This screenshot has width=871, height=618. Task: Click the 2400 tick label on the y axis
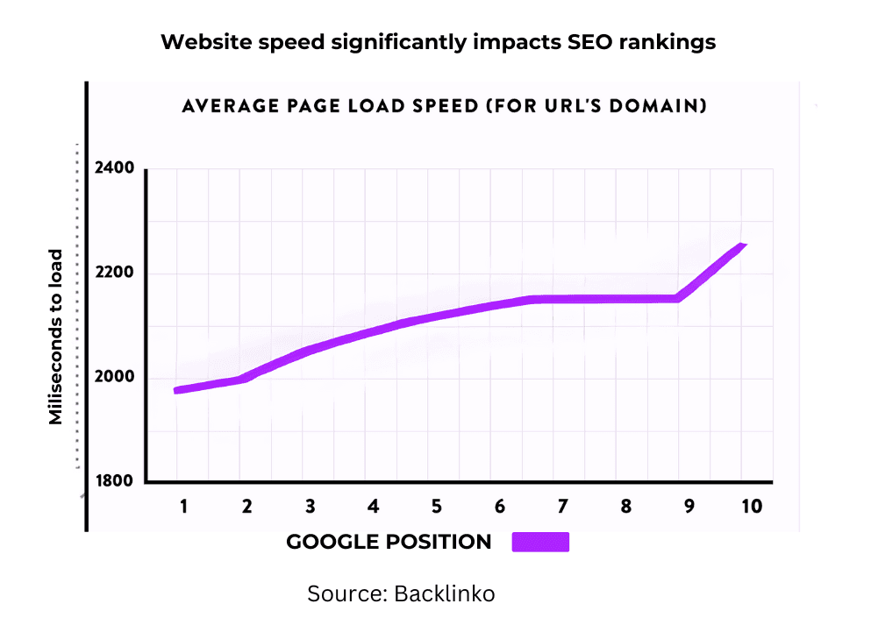[114, 167]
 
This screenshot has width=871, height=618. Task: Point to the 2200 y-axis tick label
[114, 273]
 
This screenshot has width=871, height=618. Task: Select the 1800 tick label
[114, 481]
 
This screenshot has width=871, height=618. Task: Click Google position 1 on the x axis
[184, 506]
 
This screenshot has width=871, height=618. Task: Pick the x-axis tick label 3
[310, 506]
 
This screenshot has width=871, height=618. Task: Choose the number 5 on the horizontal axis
[436, 506]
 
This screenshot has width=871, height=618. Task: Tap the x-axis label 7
[562, 506]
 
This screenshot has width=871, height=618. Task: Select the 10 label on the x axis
[751, 506]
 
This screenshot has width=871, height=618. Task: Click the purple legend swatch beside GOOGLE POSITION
[540, 542]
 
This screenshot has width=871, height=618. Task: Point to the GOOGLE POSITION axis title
[389, 542]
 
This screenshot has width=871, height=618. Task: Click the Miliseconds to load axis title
[56, 337]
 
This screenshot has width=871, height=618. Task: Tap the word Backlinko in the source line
[445, 593]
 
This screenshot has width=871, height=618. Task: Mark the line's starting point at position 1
[178, 390]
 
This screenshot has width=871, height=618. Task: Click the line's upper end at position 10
[743, 246]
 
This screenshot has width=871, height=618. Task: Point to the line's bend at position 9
[677, 299]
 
